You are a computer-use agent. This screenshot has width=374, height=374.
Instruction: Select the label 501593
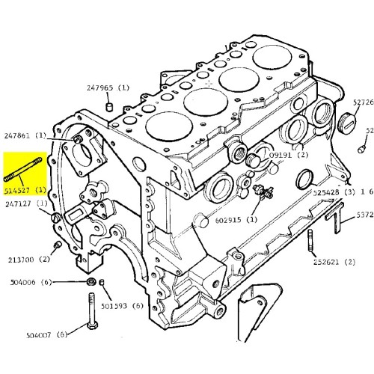[126, 305]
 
